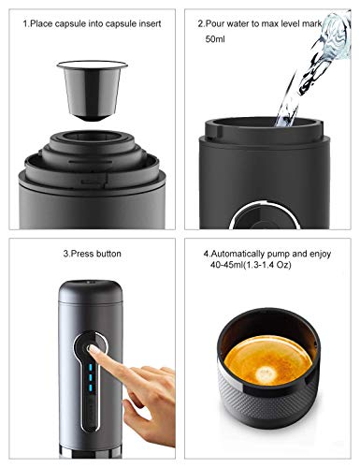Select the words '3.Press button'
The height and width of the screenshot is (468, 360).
90,253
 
